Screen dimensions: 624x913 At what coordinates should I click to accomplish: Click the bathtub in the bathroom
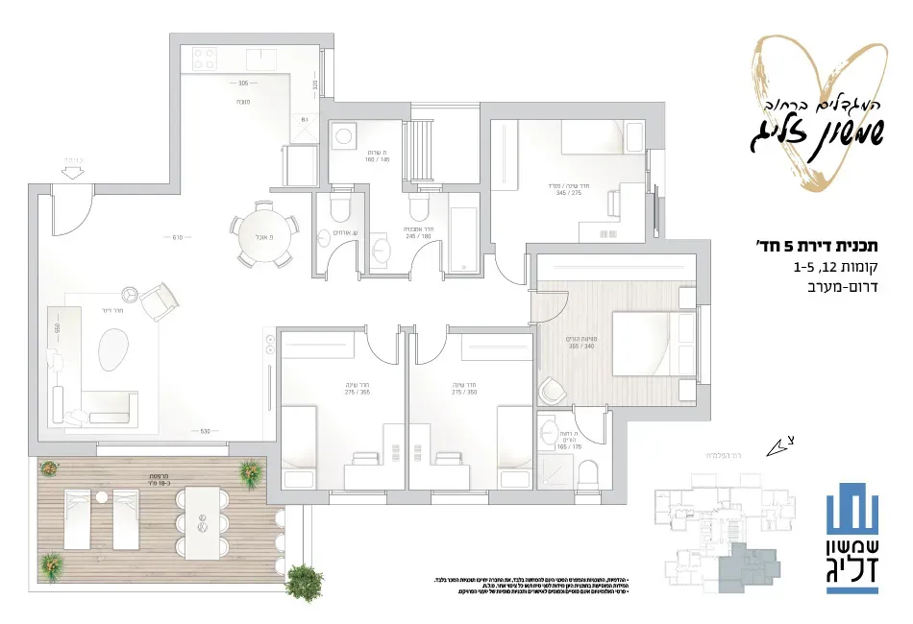coord(463,233)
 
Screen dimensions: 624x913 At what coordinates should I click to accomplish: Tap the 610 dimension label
coord(177,237)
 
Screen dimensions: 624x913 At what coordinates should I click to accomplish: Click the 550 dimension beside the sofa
coord(58,328)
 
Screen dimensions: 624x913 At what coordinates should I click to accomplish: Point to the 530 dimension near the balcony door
coord(205,444)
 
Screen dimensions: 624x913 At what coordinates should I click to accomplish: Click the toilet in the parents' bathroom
coord(590,471)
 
